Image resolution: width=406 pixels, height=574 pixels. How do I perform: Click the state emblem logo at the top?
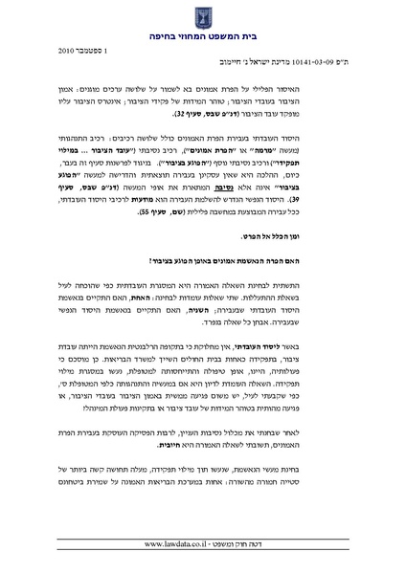pos(203,15)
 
